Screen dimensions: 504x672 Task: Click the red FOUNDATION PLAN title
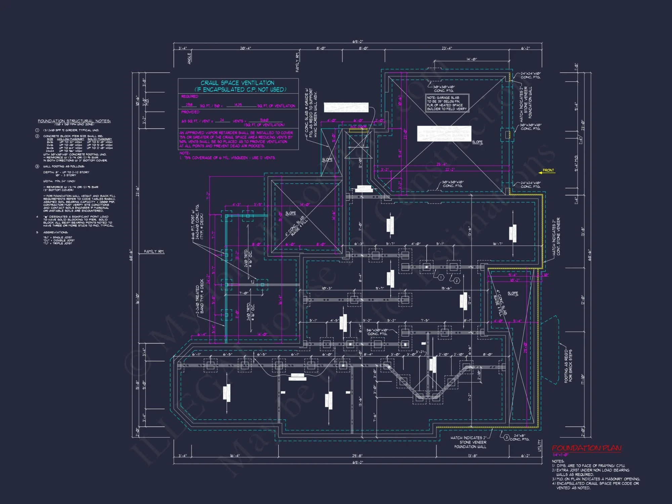coord(586,448)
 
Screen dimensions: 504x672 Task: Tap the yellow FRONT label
coord(548,170)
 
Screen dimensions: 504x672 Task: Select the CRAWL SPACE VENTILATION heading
coord(238,83)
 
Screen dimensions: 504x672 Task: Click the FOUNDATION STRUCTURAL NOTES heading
coord(74,121)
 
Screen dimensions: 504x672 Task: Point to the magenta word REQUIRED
coord(190,96)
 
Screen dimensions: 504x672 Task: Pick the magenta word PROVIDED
coord(190,112)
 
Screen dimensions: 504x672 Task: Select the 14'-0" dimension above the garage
coord(471,59)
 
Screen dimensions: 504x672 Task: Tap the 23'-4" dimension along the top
coord(447,48)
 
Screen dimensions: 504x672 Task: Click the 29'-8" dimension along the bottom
coord(357,456)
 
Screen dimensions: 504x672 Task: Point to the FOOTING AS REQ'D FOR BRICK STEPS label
coord(568,366)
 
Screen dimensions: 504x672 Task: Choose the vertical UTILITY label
coord(540,446)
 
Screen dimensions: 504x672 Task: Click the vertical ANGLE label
coord(189,58)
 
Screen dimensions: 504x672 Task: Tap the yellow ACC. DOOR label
coord(358,127)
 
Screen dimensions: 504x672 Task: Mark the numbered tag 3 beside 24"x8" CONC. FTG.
coord(507,437)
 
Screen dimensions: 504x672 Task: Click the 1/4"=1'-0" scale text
coord(560,455)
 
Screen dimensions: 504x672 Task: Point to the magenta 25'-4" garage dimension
coord(441,164)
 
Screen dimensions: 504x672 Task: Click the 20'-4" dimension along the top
coord(245,48)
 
